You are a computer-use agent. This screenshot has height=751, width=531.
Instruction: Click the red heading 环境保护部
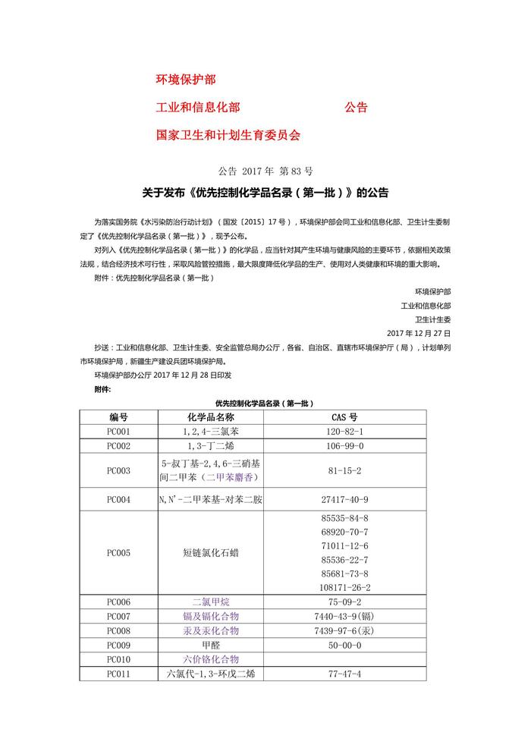(186, 80)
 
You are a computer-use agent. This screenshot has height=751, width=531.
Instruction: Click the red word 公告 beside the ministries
(356, 108)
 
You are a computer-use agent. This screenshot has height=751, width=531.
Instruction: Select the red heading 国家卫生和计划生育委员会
(228, 135)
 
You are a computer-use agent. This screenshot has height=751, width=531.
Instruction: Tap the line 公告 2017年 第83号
(265, 171)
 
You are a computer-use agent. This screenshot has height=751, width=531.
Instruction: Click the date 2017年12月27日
(418, 333)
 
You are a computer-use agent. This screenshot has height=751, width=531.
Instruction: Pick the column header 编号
(118, 417)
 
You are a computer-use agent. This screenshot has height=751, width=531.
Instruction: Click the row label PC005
(118, 553)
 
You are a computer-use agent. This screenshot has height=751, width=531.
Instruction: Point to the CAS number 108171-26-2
(345, 587)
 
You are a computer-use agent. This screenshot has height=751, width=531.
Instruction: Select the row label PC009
(118, 645)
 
